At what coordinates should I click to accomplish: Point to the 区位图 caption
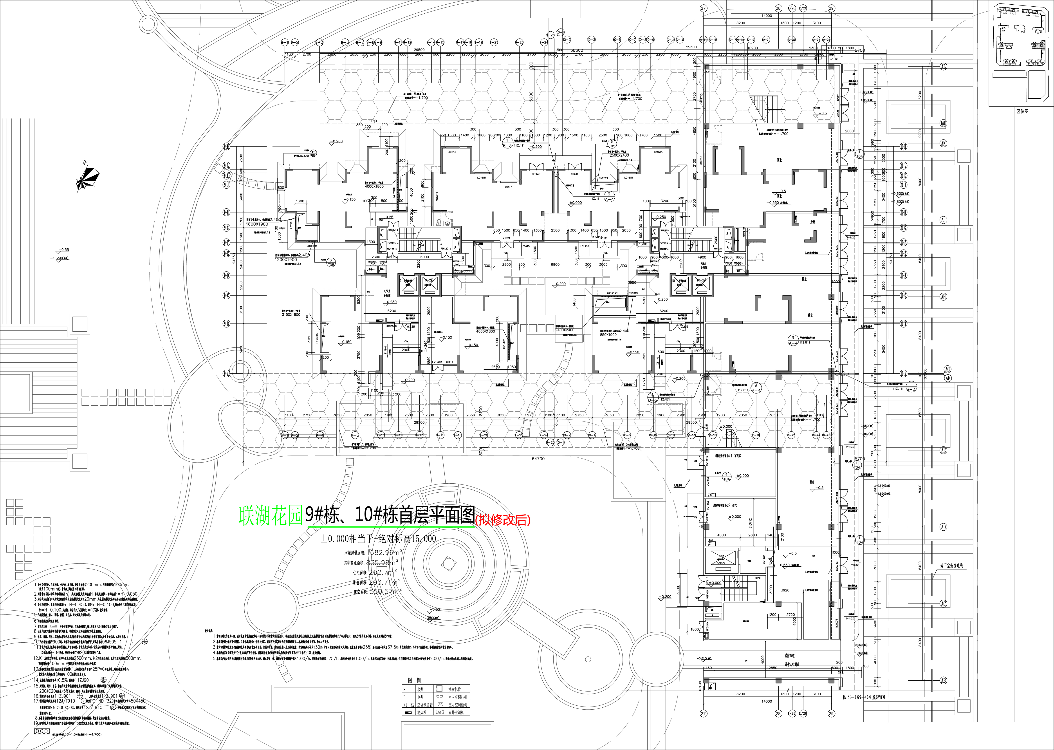pyautogui.click(x=1018, y=111)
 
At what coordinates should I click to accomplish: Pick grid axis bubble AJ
pyautogui.click(x=943, y=220)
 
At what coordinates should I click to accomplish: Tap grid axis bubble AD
pyautogui.click(x=943, y=527)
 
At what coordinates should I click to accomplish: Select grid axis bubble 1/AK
pyautogui.click(x=943, y=123)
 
